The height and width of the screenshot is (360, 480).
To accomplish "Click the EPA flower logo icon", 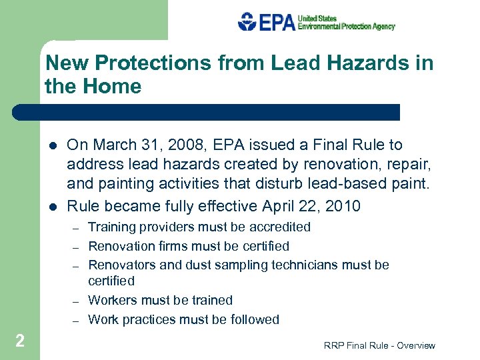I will (x=247, y=22).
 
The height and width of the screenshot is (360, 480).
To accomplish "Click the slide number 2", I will (x=20, y=341).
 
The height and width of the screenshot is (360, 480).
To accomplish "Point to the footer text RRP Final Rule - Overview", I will (x=379, y=345).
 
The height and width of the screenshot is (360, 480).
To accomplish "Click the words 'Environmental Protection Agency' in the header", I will (x=346, y=27).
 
